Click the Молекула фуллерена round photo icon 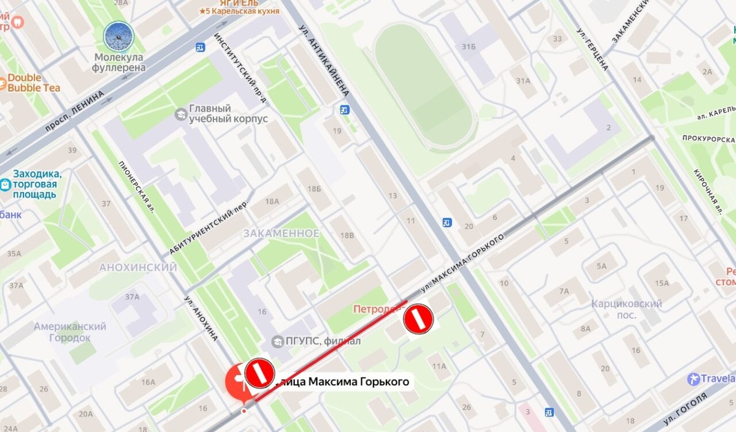click(118, 36)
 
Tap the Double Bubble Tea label click(34, 83)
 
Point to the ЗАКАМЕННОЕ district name click(281, 233)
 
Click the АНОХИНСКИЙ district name click(138, 268)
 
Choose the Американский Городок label click(70, 332)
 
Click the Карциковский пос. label click(627, 309)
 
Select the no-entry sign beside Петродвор click(418, 319)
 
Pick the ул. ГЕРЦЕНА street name click(592, 49)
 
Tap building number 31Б click(469, 46)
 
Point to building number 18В click(348, 236)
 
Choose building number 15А click(662, 282)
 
